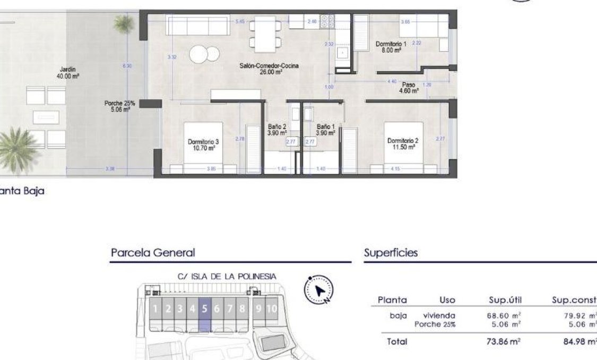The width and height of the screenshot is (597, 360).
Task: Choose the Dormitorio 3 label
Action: [203, 145]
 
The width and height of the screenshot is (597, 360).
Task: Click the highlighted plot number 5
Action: [205, 308]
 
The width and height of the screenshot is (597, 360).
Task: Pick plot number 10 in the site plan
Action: [271, 308]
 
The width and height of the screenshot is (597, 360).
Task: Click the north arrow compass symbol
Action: [319, 290]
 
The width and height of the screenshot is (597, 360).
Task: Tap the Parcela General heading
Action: [153, 253]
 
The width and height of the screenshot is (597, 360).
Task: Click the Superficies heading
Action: [391, 253]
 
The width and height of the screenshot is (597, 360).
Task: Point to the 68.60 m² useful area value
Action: [503, 315]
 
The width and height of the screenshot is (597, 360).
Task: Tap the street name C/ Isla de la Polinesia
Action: [227, 276]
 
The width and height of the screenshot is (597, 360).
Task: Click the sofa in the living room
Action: [197, 25]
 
